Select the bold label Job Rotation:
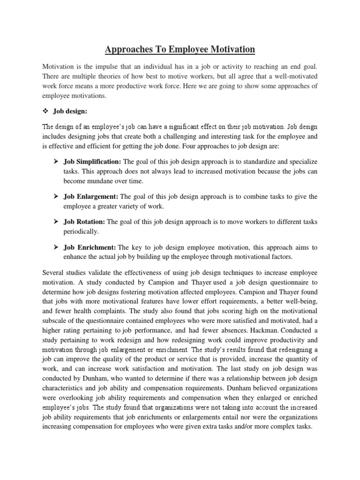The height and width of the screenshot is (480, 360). coord(85,222)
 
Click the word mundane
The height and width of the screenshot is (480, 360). coord(102,180)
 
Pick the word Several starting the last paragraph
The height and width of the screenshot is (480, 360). coord(54,272)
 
